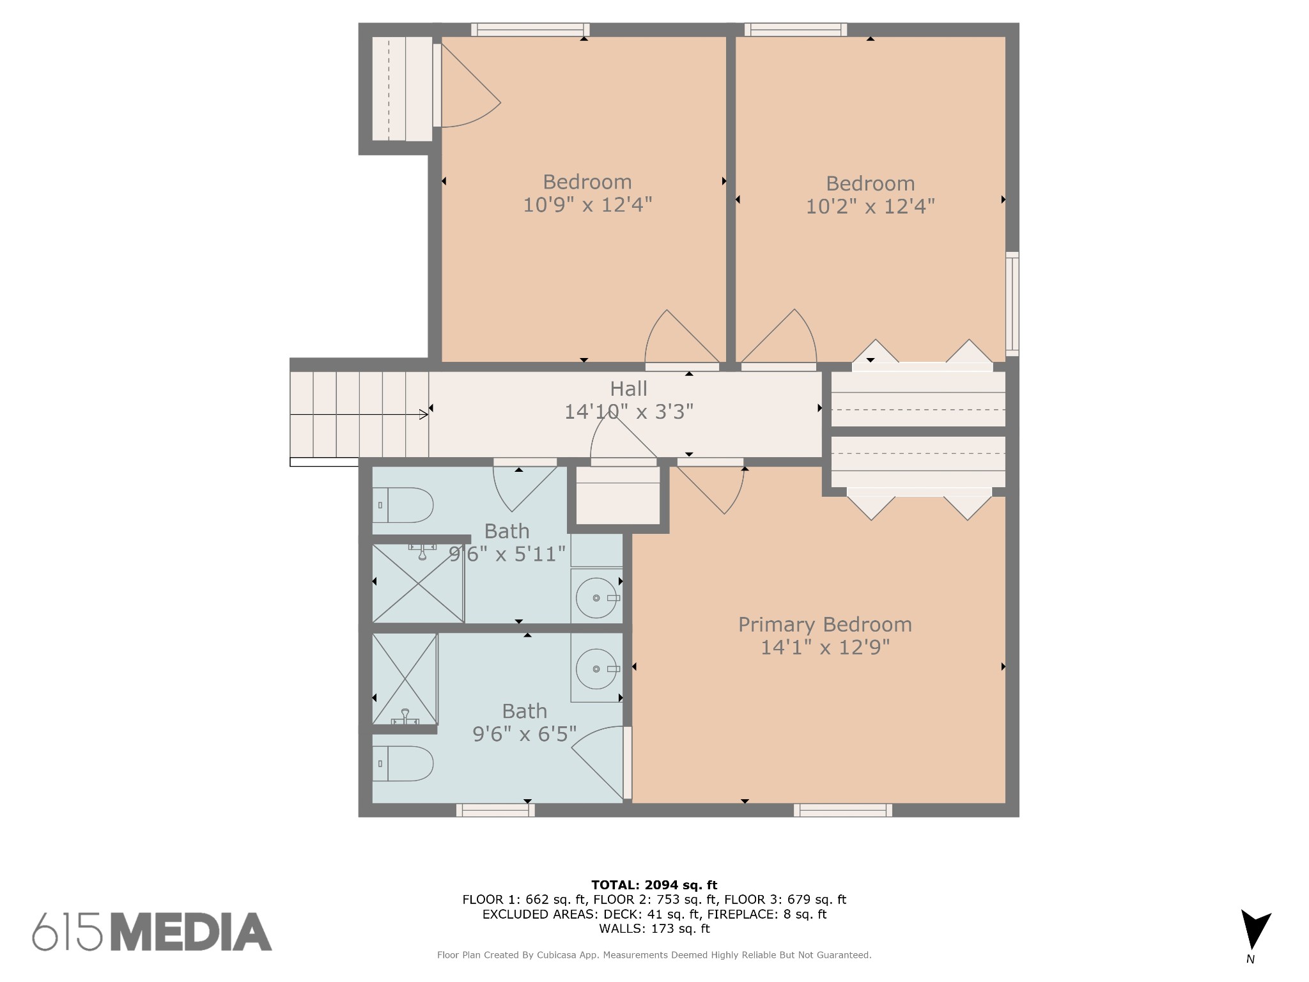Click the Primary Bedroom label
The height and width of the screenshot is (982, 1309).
(x=825, y=625)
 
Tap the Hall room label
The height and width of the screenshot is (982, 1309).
(x=628, y=389)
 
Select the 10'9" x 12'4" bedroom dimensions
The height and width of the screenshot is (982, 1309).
(x=587, y=205)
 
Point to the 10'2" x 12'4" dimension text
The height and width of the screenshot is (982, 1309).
(x=870, y=207)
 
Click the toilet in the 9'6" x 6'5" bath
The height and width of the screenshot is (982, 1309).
(x=403, y=763)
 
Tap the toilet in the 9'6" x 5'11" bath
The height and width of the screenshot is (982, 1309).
(x=403, y=505)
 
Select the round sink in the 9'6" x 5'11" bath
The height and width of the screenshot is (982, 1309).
(x=596, y=598)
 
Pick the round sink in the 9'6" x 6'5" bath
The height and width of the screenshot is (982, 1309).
(x=596, y=669)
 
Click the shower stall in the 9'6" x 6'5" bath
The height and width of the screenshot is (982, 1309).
(x=405, y=679)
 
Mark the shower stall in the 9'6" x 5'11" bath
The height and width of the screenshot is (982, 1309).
(x=418, y=583)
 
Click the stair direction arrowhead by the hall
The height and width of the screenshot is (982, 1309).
(x=424, y=415)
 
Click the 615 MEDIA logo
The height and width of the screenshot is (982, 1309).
(x=152, y=931)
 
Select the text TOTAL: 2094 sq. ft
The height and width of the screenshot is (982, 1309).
(x=654, y=885)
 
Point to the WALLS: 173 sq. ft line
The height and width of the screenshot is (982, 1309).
(x=654, y=928)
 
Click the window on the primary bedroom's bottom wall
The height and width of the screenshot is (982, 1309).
(x=843, y=810)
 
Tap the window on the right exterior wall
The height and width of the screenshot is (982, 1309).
(x=1012, y=304)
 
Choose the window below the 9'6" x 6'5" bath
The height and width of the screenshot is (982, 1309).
(x=495, y=810)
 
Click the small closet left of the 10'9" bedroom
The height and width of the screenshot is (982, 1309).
(x=402, y=89)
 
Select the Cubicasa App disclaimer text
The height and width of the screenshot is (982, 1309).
(x=654, y=955)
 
